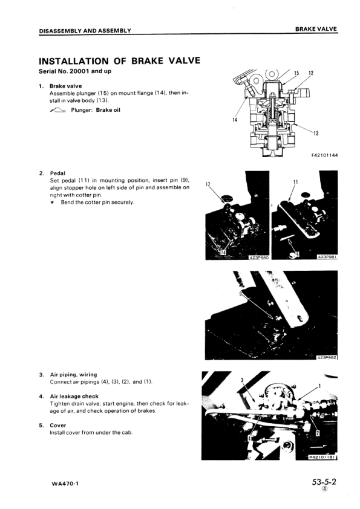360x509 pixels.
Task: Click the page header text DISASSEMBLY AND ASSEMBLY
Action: pos(85,31)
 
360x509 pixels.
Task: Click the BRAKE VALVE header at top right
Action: pos(316,29)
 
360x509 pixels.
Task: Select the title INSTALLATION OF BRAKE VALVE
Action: pos(120,60)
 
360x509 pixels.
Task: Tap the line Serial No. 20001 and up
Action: pos(75,71)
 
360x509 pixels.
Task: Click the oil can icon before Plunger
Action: pos(58,111)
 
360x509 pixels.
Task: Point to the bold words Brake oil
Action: pos(108,110)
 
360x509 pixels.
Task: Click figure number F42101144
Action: pos(324,155)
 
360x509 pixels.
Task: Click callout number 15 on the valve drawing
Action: pos(296,73)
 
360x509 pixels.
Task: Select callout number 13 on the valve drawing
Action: pos(316,133)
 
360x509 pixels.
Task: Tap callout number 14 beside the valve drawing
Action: pos(235,120)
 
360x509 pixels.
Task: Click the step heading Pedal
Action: pos(57,173)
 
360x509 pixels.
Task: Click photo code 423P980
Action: pos(258,258)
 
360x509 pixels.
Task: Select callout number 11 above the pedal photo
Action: pos(296,182)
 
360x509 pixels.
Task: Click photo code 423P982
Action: pos(327,357)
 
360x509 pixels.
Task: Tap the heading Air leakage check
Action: pos(74,397)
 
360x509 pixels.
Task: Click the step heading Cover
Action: pos(58,425)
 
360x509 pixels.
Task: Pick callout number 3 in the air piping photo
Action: pos(242,380)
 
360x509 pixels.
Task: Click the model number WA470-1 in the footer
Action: pos(65,484)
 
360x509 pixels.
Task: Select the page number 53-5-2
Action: pos(324,482)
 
